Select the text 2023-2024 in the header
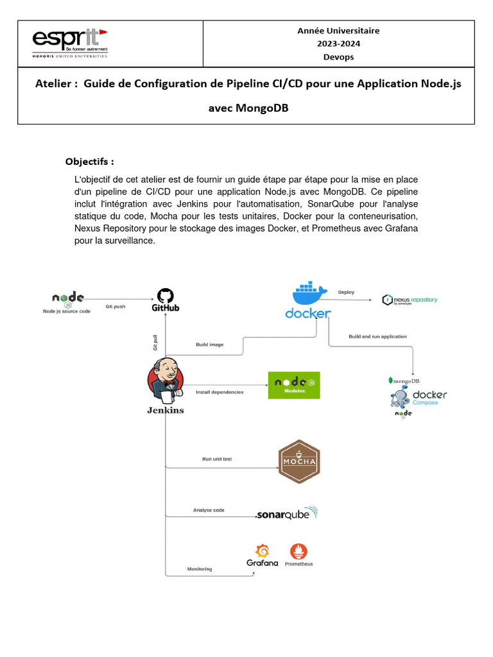point(338,44)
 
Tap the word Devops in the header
point(338,57)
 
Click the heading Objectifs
point(89,161)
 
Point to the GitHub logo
point(166,300)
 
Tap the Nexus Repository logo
point(410,300)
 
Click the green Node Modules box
point(294,385)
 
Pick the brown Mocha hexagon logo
point(299,462)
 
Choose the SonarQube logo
point(287,514)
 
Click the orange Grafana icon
point(262,551)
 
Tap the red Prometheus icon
point(298,551)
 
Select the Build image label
point(209,345)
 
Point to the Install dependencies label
point(220,392)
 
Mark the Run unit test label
point(217,459)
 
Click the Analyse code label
point(209,510)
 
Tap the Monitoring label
point(200,569)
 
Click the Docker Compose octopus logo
point(400,399)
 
